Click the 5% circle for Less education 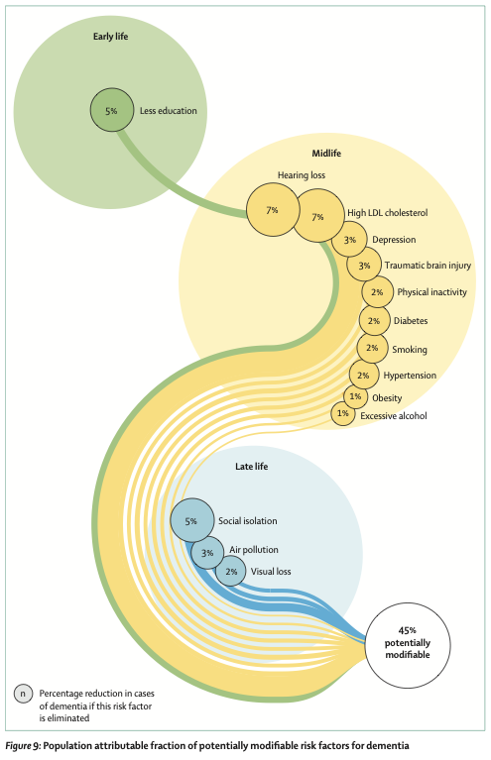(x=111, y=110)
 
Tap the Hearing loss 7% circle (x=273, y=210)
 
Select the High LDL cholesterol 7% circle (x=318, y=216)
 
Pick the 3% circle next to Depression (x=349, y=240)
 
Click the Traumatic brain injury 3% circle (x=364, y=265)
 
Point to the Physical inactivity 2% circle (x=378, y=291)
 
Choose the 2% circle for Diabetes (x=374, y=320)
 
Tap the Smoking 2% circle (x=372, y=348)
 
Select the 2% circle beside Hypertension (x=364, y=375)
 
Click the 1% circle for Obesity (x=356, y=396)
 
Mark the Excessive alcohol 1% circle (x=343, y=413)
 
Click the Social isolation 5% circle (x=192, y=520)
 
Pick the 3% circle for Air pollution (x=207, y=553)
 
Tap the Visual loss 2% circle (x=231, y=572)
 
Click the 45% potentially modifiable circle (x=408, y=645)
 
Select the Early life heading (x=111, y=37)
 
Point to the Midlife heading (x=326, y=154)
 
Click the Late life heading (x=251, y=467)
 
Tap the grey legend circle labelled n (x=23, y=694)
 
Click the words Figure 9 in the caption (x=23, y=745)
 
